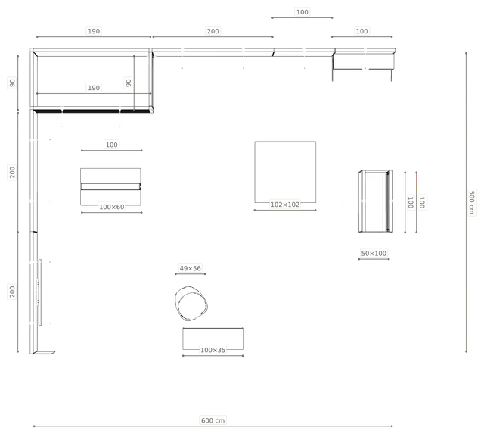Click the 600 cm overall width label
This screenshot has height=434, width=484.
pyautogui.click(x=213, y=420)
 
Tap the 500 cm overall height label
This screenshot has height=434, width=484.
pyautogui.click(x=471, y=202)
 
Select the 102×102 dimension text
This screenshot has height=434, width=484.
pyautogui.click(x=284, y=205)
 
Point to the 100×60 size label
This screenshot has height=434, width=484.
pyautogui.click(x=111, y=207)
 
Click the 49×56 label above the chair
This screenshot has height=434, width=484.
pyautogui.click(x=190, y=268)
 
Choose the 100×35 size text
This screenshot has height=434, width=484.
pyautogui.click(x=213, y=350)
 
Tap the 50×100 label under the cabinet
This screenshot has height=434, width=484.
pyautogui.click(x=374, y=254)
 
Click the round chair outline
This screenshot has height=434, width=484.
pyautogui.click(x=191, y=303)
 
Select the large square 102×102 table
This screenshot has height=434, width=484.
pyautogui.click(x=285, y=172)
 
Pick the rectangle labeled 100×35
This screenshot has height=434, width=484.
pyautogui.click(x=213, y=339)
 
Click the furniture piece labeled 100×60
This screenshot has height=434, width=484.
pyautogui.click(x=110, y=187)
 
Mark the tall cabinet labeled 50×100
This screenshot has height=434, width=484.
pyautogui.click(x=376, y=201)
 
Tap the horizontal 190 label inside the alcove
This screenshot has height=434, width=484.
pyautogui.click(x=94, y=88)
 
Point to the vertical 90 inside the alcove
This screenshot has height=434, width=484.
pyautogui.click(x=128, y=83)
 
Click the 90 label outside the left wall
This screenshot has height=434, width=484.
pyautogui.click(x=12, y=83)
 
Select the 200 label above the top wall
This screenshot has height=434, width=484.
pyautogui.click(x=213, y=31)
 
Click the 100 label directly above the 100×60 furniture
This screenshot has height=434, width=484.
pyautogui.click(x=111, y=145)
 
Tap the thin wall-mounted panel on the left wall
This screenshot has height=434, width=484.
pyautogui.click(x=40, y=292)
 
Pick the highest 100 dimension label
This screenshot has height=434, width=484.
pyautogui.click(x=302, y=12)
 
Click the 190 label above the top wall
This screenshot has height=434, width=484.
pyautogui.click(x=94, y=31)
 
